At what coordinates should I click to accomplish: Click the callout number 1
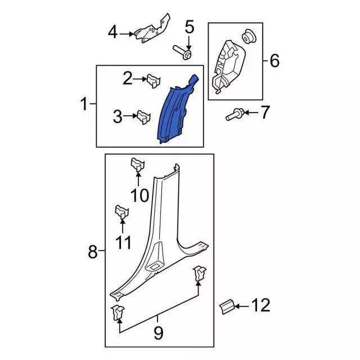[84, 104]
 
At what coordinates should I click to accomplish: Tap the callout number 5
[189, 26]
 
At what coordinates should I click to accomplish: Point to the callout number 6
[274, 60]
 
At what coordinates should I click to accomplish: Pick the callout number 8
[93, 253]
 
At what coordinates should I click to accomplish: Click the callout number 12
[260, 306]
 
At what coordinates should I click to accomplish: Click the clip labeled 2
[152, 82]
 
